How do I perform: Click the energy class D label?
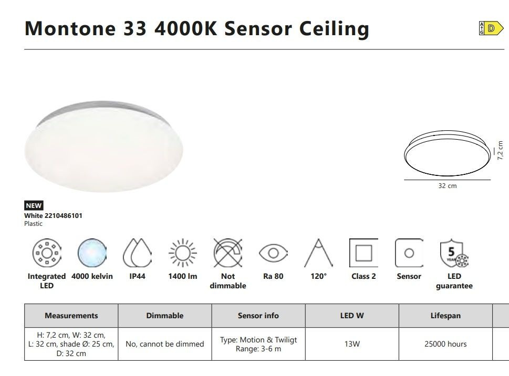tap(491, 28)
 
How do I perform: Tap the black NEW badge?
tap(34, 205)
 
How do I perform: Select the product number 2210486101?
tap(64, 216)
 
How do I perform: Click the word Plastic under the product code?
tap(33, 224)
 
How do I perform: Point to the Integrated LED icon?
tap(47, 253)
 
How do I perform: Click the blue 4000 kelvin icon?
tap(92, 253)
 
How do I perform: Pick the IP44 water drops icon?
tap(137, 253)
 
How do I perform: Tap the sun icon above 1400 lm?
tap(183, 253)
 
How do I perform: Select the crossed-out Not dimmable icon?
tap(228, 253)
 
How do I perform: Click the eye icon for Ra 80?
tap(273, 253)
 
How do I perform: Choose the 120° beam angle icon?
tap(318, 253)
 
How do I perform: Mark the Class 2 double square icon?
tap(363, 253)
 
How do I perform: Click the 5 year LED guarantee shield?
tap(454, 253)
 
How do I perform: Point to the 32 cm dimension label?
tap(448, 186)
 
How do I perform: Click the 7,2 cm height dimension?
tap(500, 150)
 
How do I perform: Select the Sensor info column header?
tap(258, 315)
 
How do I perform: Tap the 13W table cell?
tap(352, 344)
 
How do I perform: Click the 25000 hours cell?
tap(445, 344)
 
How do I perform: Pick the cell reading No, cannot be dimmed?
tap(165, 344)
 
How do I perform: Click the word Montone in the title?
tap(70, 28)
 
